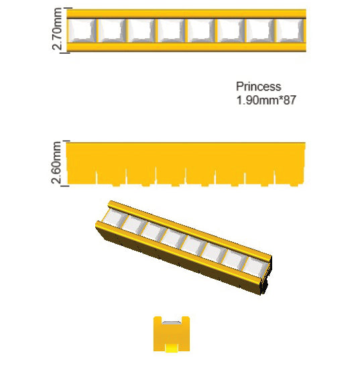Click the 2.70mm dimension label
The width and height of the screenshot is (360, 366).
pyautogui.click(x=57, y=29)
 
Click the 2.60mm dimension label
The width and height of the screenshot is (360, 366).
pyautogui.click(x=57, y=163)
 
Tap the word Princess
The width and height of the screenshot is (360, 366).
pyautogui.click(x=259, y=87)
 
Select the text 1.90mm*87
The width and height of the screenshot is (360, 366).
pyautogui.click(x=266, y=100)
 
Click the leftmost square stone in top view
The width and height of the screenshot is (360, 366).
pyautogui.click(x=81, y=30)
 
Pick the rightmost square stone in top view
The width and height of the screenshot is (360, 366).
pyautogui.click(x=290, y=30)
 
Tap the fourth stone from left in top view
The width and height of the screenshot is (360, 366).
pyautogui.click(x=171, y=30)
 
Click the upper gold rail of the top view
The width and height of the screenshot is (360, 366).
pyautogui.click(x=186, y=14)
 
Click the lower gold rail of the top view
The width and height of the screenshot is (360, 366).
pyautogui.click(x=186, y=47)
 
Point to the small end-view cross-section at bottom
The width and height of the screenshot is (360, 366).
pyautogui.click(x=172, y=334)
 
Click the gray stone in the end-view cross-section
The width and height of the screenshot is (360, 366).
pyautogui.click(x=172, y=323)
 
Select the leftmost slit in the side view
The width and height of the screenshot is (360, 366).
pyautogui.click(x=97, y=178)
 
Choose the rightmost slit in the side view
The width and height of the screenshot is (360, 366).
pyautogui.click(x=275, y=178)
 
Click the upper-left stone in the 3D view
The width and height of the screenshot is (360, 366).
pyautogui.click(x=114, y=217)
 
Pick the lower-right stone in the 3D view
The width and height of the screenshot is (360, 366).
pyautogui.click(x=255, y=267)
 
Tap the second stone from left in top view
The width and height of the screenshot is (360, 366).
pyautogui.click(x=111, y=30)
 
